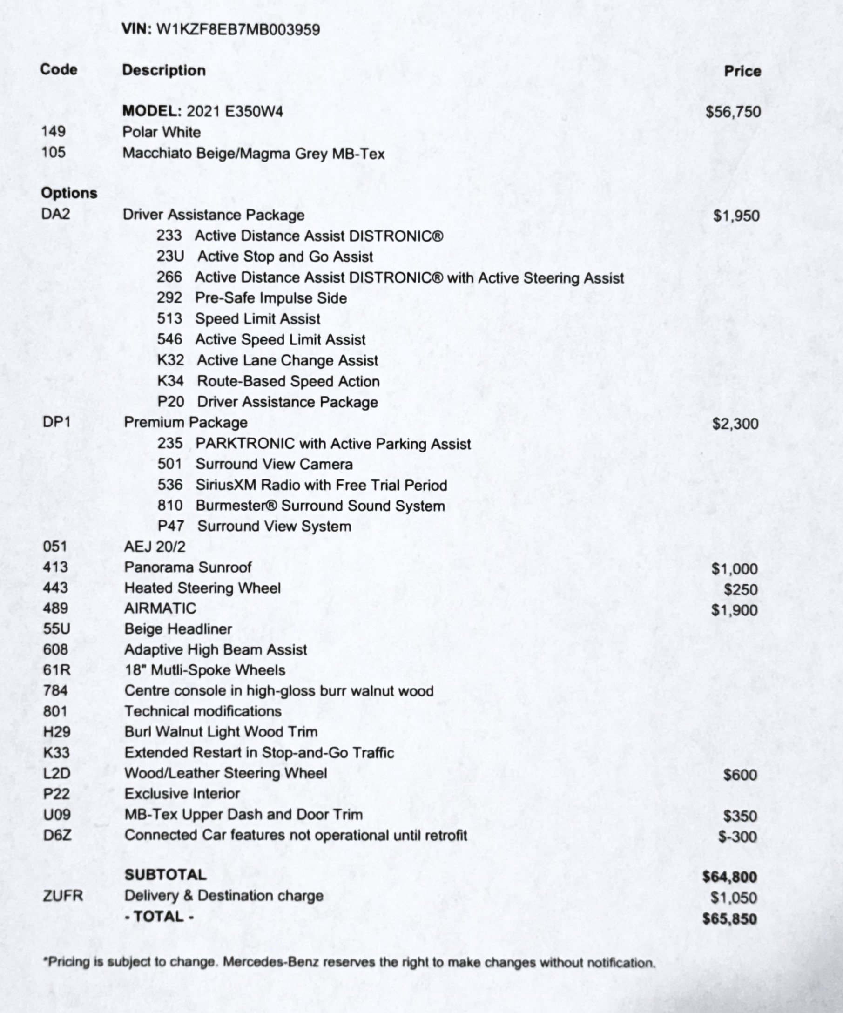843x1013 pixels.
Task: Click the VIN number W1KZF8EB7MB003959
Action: (238, 30)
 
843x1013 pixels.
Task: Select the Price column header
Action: (742, 71)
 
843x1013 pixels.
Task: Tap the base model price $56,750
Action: (733, 112)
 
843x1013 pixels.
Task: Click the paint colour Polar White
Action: (162, 132)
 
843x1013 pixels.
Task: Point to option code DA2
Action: (56, 214)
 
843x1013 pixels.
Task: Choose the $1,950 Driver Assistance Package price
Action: (736, 216)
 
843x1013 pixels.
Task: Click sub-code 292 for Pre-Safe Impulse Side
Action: (169, 297)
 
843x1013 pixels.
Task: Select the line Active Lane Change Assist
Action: (287, 360)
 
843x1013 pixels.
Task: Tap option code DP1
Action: (56, 422)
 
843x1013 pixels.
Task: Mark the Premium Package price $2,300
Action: (735, 424)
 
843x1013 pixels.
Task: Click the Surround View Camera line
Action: (274, 464)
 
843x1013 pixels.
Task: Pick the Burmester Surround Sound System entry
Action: (320, 506)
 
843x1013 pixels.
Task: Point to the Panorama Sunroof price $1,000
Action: (735, 569)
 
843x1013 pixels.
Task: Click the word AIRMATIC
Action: (160, 608)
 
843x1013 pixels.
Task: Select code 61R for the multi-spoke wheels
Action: (56, 670)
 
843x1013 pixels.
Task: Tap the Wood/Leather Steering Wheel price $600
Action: (740, 775)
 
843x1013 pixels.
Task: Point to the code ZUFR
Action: (63, 896)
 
